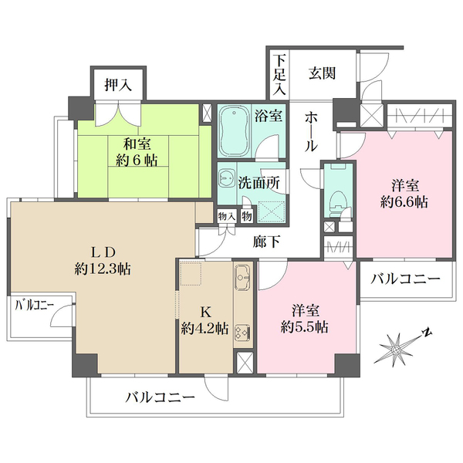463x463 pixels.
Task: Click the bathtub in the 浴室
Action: (236, 131)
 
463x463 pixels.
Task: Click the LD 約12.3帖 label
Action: (103, 261)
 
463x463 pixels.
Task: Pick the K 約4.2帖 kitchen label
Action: (204, 320)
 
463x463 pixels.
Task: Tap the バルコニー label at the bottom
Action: (161, 399)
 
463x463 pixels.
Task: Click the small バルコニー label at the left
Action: (34, 306)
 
